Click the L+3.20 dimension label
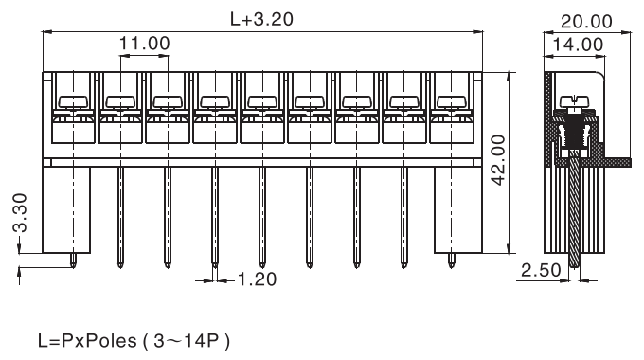click(x=261, y=19)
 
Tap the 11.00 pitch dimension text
click(x=144, y=44)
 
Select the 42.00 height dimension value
click(x=498, y=160)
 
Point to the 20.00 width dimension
click(x=586, y=21)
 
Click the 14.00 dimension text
click(x=578, y=44)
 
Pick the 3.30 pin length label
click(x=20, y=213)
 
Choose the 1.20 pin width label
click(x=257, y=279)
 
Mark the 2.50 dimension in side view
click(x=541, y=270)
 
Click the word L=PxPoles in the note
click(x=87, y=341)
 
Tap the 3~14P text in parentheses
click(x=187, y=341)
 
